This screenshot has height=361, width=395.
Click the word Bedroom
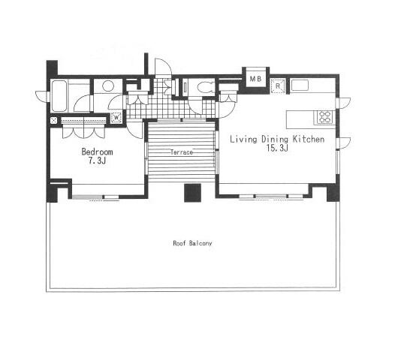pos(97,152)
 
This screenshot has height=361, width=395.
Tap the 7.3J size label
pos(96,161)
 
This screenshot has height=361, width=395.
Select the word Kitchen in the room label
pos(309,139)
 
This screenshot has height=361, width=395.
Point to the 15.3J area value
pos(277,148)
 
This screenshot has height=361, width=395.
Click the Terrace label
pos(182,152)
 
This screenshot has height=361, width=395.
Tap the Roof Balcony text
pos(192,243)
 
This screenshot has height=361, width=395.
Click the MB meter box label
pos(255,79)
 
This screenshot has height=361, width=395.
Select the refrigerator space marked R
pos(278,86)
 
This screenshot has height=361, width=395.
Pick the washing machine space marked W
pos(116,117)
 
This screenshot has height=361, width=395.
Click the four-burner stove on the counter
pos(324,117)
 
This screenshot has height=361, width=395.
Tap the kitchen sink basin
pos(300,85)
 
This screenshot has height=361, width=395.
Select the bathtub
pos(59,96)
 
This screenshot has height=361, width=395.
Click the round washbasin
pos(108,86)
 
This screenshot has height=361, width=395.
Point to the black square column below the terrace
pos(193,193)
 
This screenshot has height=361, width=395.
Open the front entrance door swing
pos(164,67)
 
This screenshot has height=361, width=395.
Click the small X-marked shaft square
pos(53,120)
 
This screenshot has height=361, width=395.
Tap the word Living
pos(243,139)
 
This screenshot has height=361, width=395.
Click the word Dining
pos(275,140)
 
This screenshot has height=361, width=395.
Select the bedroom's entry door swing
pos(134,129)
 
